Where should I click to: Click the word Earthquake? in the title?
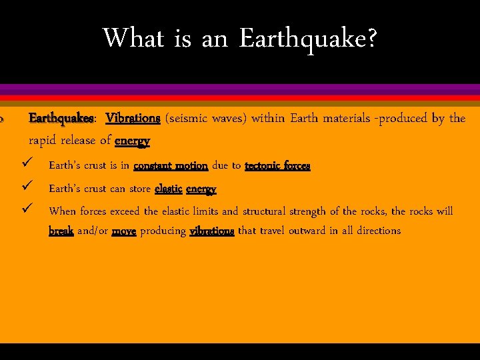[307, 39]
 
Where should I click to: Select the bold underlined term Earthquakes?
[61, 119]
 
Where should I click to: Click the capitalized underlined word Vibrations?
[133, 119]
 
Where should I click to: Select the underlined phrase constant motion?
[171, 165]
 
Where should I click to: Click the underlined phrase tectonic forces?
[277, 165]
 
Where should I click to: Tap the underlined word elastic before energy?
[168, 189]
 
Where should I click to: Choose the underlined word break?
[61, 231]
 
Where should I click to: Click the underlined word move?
[124, 231]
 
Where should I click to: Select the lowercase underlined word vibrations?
[212, 231]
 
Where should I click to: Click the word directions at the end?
[377, 231]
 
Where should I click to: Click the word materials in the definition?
[346, 119]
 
